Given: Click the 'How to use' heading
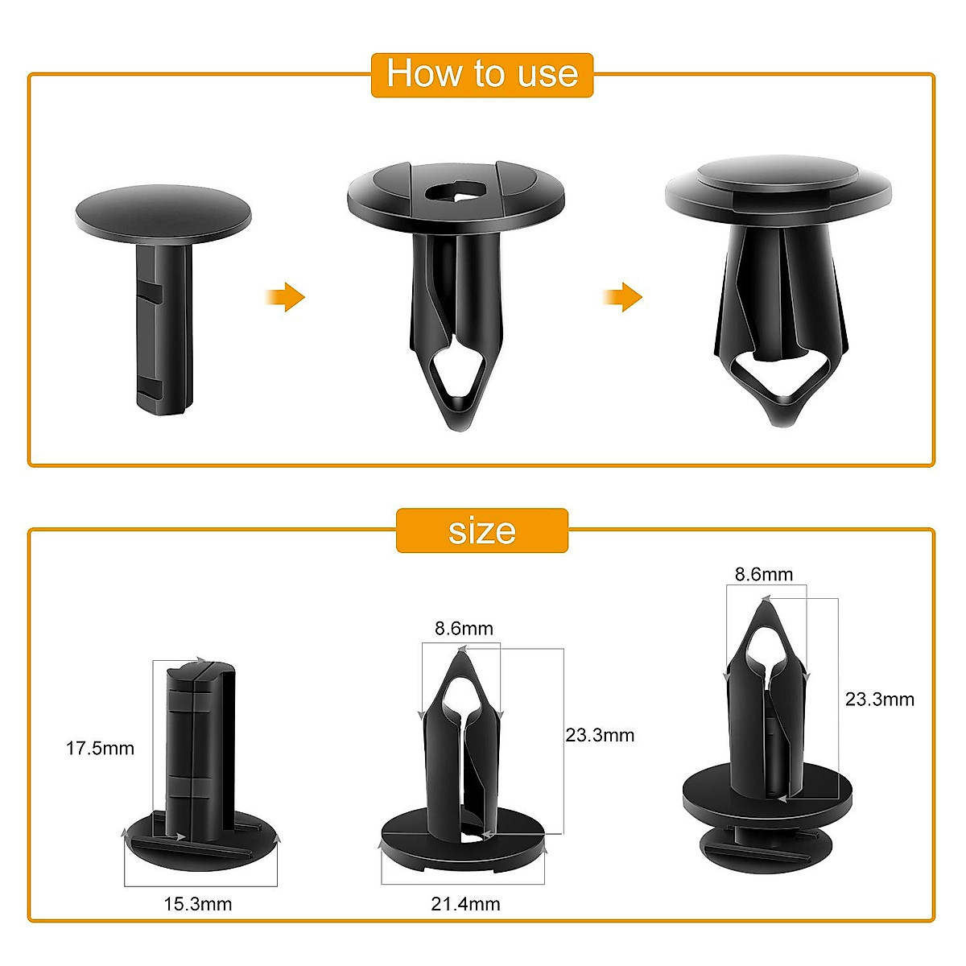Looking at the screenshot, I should pyautogui.click(x=481, y=74).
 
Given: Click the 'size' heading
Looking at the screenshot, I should pyautogui.click(x=481, y=531).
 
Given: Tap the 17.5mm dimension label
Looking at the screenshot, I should pyautogui.click(x=100, y=749).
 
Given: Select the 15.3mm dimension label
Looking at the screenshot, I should pyautogui.click(x=198, y=904).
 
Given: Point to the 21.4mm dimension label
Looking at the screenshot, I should pyautogui.click(x=465, y=904).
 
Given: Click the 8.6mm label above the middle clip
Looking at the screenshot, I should pyautogui.click(x=464, y=629).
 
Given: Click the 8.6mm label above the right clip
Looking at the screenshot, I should pyautogui.click(x=764, y=575).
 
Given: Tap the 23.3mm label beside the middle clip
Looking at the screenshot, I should pyautogui.click(x=600, y=735).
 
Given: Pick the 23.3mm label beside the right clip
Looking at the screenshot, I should pyautogui.click(x=879, y=700).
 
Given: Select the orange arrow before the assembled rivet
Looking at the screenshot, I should pyautogui.click(x=623, y=297).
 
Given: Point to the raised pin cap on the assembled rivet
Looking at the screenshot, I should pyautogui.click(x=778, y=174).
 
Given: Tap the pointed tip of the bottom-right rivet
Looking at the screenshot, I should pyautogui.click(x=764, y=604).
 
